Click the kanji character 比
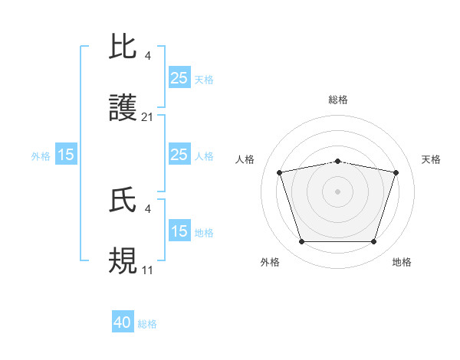tap(124, 47)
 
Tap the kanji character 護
tap(124, 109)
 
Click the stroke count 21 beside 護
tap(148, 117)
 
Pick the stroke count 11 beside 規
tap(148, 270)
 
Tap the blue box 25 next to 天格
tap(179, 78)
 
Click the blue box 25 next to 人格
tap(179, 155)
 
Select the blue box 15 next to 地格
tap(179, 231)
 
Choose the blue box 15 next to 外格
tap(66, 155)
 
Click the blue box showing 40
tap(123, 322)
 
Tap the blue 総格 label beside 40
tap(147, 324)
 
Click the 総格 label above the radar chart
tap(337, 100)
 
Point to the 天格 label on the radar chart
tap(432, 159)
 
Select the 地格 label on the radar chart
tap(402, 262)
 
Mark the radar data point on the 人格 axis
tap(280, 172)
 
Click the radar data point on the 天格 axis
tap(396, 172)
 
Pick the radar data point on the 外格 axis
tap(301, 242)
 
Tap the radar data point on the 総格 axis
tap(337, 161)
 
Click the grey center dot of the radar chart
tap(337, 191)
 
